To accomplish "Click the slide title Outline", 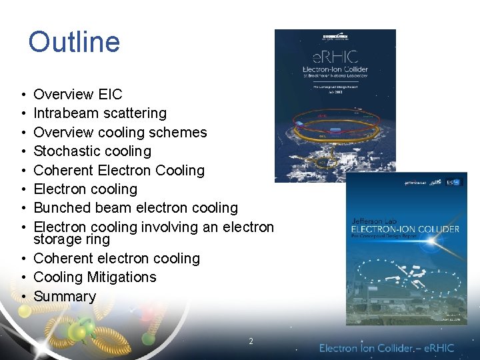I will pos(74,41).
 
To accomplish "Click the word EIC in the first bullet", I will pos(109,95).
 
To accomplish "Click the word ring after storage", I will pos(98,239).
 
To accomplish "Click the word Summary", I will pos(65,296).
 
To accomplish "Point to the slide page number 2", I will pos(251,341).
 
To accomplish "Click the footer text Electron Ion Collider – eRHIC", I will pos(386,347).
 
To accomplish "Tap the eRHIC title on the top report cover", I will pos(335,57).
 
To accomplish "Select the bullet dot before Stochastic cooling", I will pos(23,151).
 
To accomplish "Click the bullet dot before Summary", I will pos(23,296).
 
